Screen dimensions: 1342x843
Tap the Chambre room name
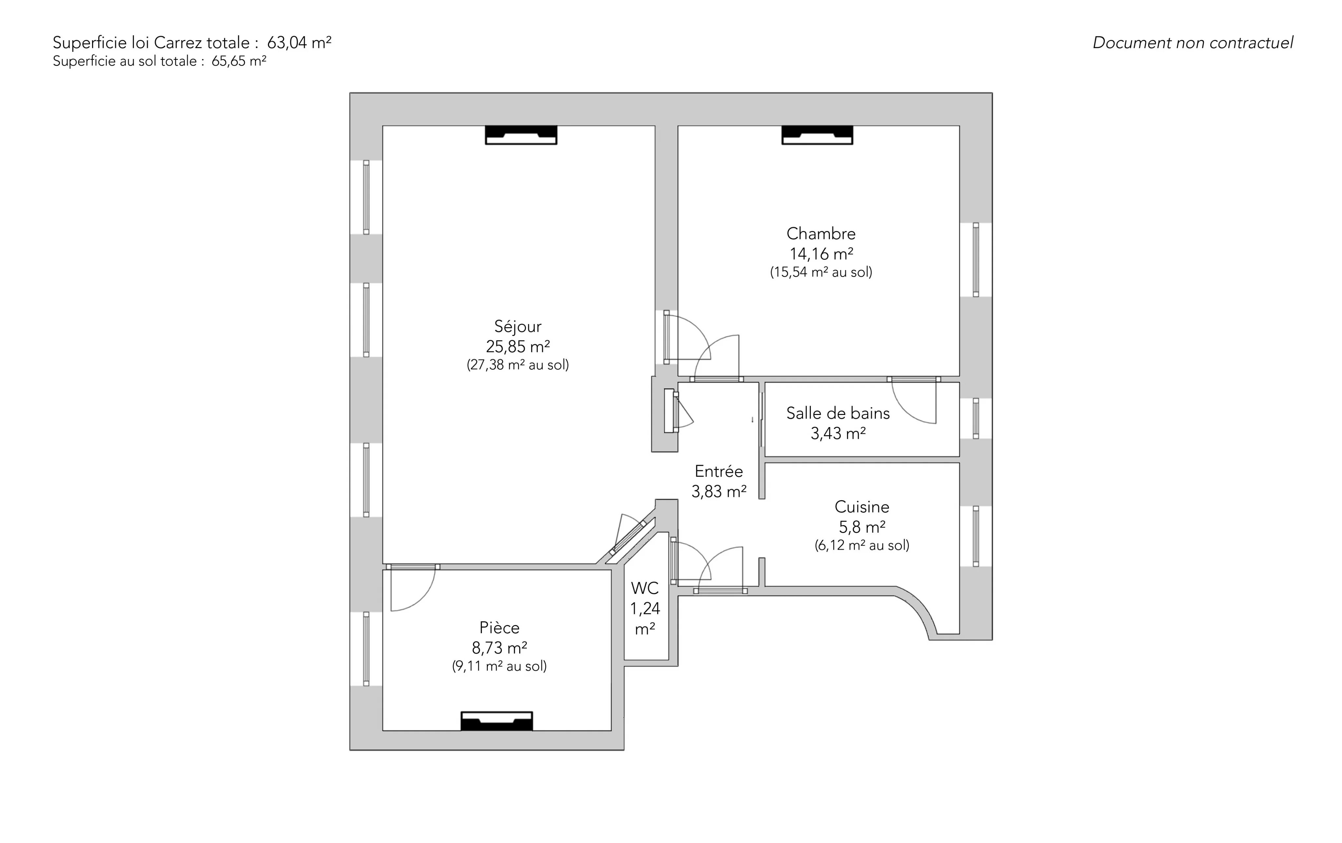821,234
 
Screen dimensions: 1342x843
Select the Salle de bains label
838,413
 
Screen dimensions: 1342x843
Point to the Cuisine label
862,507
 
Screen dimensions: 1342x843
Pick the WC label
645,588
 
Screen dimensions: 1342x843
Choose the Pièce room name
499,628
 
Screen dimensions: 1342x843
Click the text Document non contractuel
1193,43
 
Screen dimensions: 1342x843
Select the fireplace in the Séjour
521,135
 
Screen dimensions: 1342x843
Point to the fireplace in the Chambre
817,135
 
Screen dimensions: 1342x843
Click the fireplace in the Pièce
497,721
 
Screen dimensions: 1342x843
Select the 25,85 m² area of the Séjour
518,347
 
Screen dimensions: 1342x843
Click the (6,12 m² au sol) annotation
862,545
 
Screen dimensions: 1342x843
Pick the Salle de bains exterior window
976,418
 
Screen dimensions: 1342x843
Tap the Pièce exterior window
366,648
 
